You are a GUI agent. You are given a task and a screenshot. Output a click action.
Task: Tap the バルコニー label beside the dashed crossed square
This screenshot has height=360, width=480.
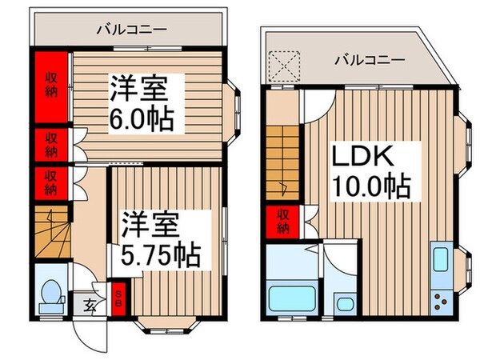369,59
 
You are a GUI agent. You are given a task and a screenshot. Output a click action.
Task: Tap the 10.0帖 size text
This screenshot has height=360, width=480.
370,188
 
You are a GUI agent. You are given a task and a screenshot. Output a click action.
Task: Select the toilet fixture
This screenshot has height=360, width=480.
52,295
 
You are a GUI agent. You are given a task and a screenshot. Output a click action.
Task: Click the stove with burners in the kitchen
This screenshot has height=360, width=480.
442,301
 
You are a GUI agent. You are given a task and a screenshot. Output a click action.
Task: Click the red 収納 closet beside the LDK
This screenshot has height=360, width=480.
283,222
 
